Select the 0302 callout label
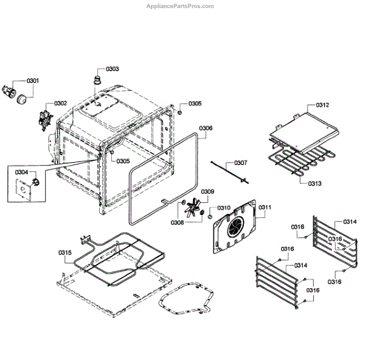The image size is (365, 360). (x=61, y=104)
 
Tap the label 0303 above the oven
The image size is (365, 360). (x=112, y=69)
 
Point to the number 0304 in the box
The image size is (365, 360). (x=22, y=172)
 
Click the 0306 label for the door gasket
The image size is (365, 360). (x=206, y=128)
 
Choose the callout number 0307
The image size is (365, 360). (x=241, y=163)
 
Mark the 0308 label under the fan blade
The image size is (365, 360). (x=177, y=222)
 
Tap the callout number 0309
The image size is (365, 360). (x=208, y=192)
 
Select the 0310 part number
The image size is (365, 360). (x=224, y=208)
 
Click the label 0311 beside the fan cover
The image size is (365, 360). (x=264, y=208)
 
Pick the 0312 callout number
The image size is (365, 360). (x=322, y=105)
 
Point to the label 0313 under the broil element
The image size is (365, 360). (x=315, y=183)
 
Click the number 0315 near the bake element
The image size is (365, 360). (x=65, y=252)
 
